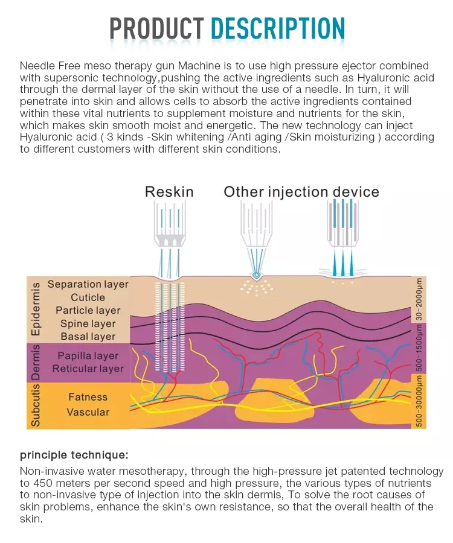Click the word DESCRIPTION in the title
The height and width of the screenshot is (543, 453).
[278, 28]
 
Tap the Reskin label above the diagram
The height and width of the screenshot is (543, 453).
[169, 192]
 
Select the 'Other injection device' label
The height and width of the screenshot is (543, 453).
[301, 192]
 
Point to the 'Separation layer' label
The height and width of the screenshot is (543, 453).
[88, 284]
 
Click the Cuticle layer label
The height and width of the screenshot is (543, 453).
[88, 297]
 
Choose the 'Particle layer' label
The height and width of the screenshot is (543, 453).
[88, 311]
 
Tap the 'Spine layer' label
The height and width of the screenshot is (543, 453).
[88, 324]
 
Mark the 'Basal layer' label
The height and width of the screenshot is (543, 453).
[88, 337]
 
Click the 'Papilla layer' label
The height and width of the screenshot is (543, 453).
[88, 356]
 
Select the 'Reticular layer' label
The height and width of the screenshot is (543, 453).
[88, 369]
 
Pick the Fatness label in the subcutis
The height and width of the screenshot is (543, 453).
[88, 397]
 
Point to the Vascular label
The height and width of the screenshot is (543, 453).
[88, 412]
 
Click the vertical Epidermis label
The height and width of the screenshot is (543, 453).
[36, 309]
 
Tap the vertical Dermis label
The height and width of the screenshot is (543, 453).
[36, 363]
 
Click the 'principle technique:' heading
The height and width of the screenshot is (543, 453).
[74, 454]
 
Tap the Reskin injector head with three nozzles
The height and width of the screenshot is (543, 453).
[169, 232]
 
